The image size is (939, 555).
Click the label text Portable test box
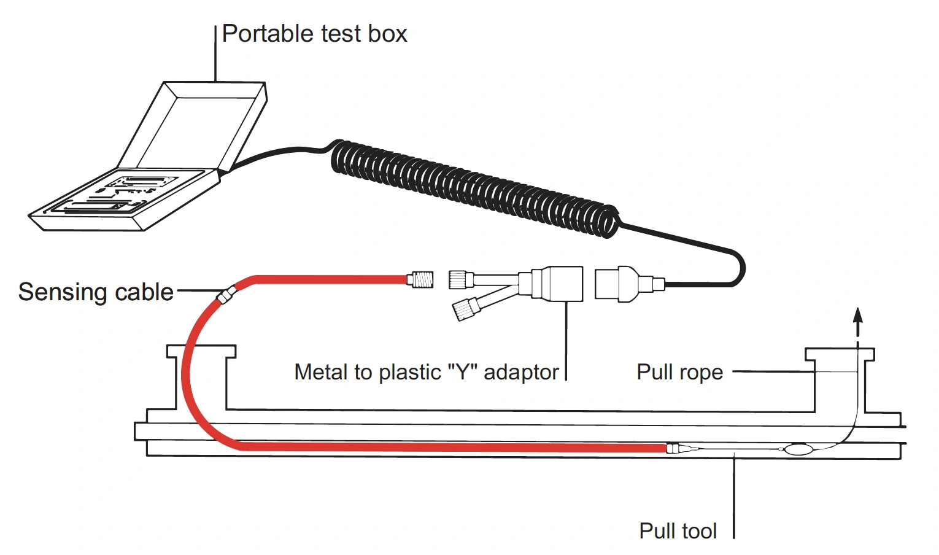click(314, 34)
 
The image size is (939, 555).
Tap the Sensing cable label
click(96, 292)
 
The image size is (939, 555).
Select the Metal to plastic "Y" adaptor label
click(427, 372)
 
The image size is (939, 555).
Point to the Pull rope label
click(679, 372)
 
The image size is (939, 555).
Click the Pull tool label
click(678, 531)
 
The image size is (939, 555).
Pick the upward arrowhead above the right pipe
click(858, 314)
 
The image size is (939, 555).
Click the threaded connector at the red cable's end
click(420, 279)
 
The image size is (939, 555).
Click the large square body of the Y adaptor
click(563, 284)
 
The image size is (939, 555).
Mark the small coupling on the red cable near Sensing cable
click(226, 295)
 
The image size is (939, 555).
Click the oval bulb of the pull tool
click(798, 449)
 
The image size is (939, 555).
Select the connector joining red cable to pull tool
click(673, 448)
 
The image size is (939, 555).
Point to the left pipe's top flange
click(201, 351)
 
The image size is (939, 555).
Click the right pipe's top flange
click(840, 355)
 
